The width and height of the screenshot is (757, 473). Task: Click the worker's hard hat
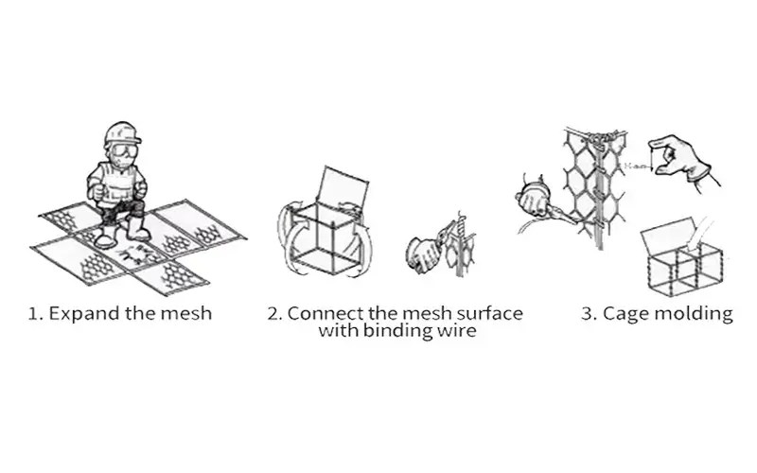coord(122,131)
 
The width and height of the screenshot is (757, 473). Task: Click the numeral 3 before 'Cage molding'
coord(587,314)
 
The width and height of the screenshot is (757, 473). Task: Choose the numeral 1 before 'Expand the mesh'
coord(34,314)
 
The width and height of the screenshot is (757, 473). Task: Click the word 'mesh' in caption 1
coord(187,314)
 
